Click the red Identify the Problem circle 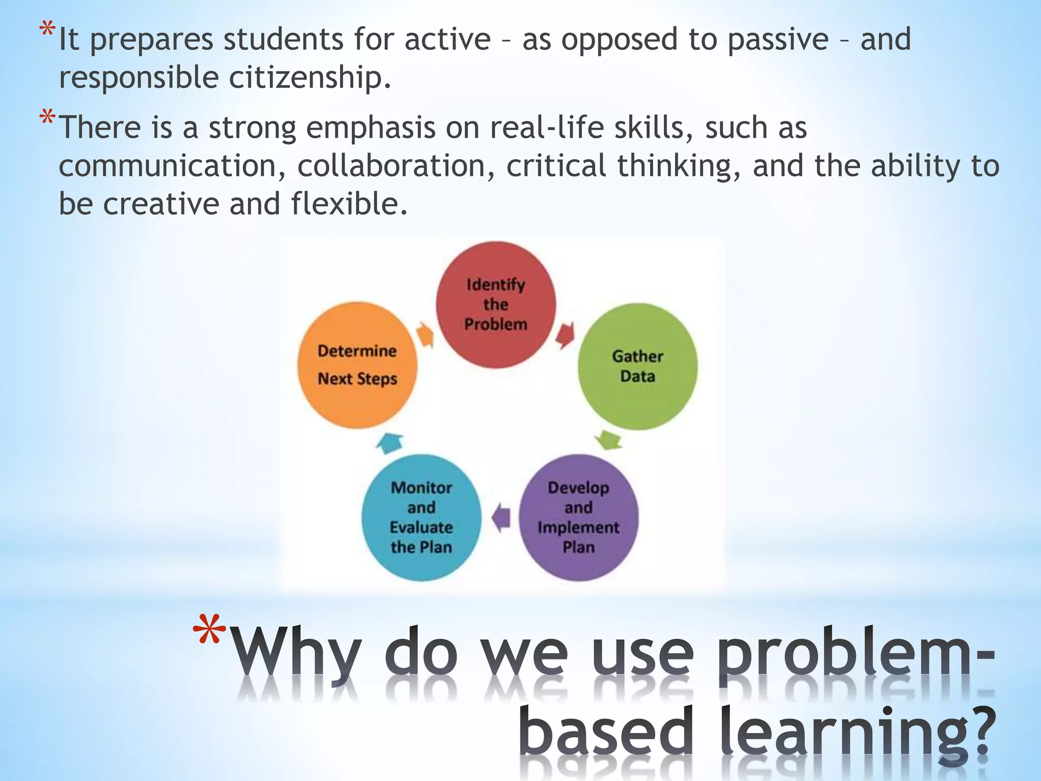tap(496, 305)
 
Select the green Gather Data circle tap(637, 366)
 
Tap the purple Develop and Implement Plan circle tap(578, 517)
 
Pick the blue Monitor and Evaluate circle tap(421, 517)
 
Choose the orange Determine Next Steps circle tap(357, 365)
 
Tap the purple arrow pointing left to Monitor tap(502, 518)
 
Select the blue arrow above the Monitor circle tap(390, 443)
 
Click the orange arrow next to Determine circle tap(425, 335)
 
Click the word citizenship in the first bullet tap(310, 78)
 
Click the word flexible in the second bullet tap(349, 204)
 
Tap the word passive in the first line tap(778, 40)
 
